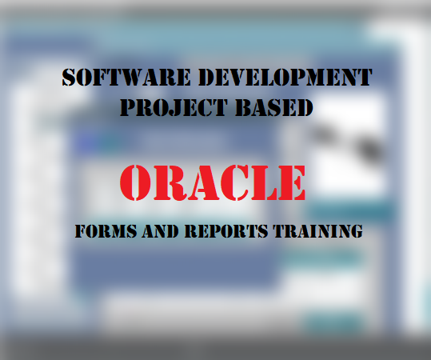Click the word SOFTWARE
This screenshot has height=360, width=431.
click(x=116, y=78)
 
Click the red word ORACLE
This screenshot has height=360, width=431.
click(x=214, y=183)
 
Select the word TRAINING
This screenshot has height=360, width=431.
click(x=319, y=232)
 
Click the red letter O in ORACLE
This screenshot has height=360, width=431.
click(x=138, y=183)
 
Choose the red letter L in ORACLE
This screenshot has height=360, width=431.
click(x=262, y=183)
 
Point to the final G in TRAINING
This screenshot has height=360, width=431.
click(x=357, y=232)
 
